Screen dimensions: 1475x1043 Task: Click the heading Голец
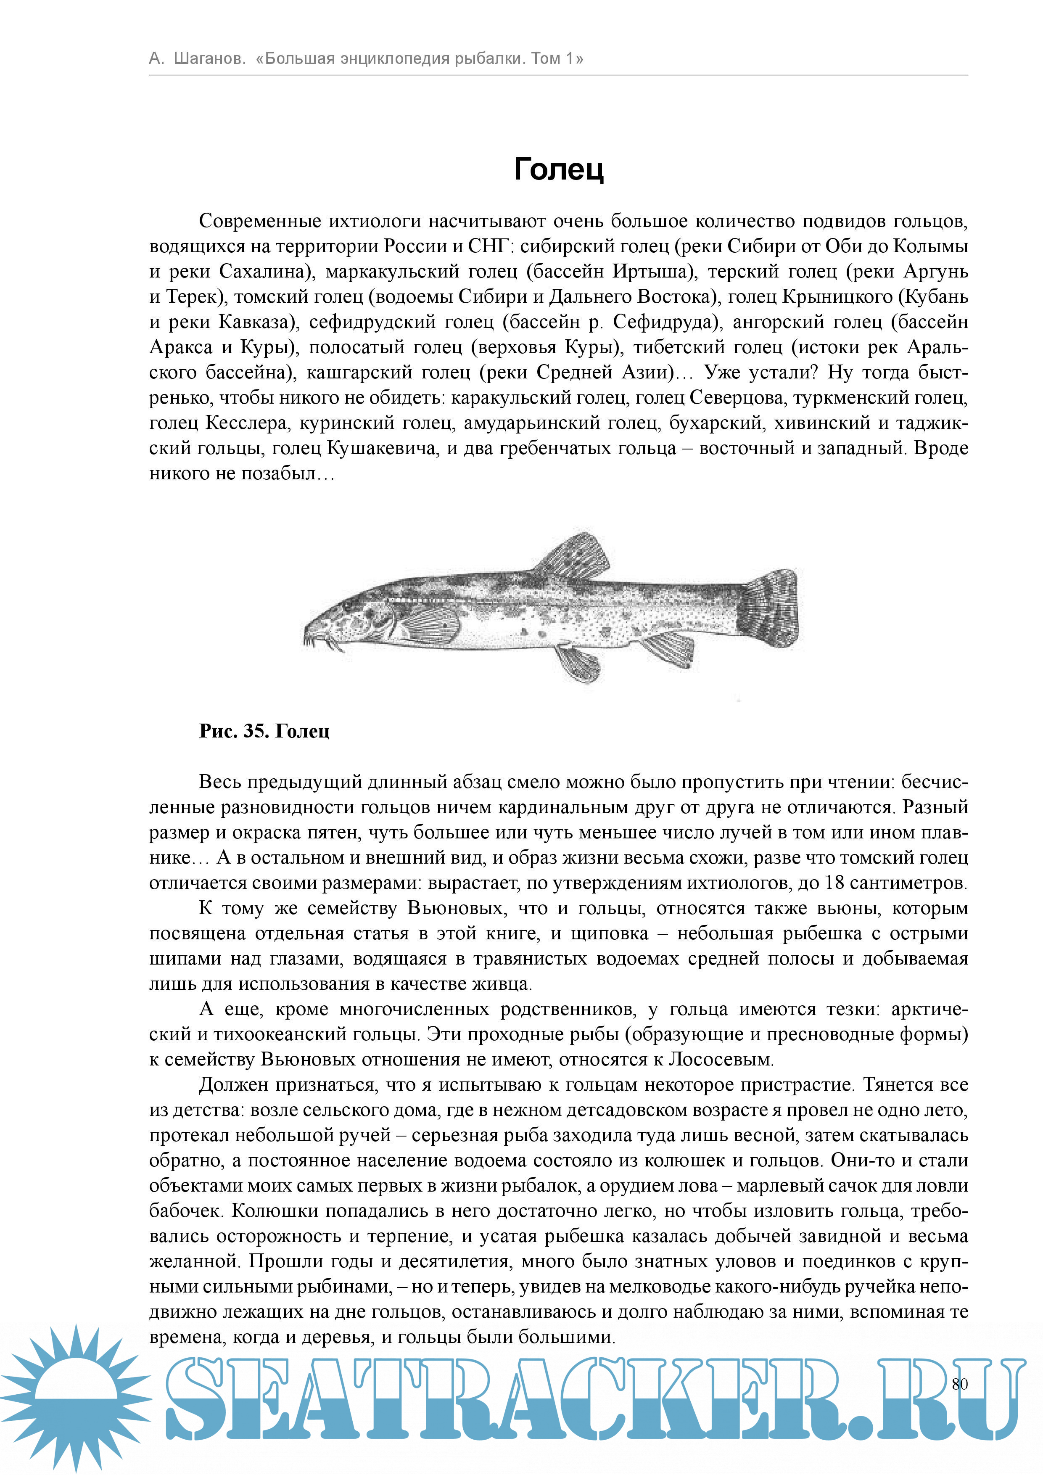559,169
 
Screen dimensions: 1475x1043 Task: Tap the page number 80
959,1384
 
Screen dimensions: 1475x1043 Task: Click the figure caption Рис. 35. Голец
264,731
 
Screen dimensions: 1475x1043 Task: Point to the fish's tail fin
770,607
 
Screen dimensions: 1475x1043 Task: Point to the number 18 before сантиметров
834,883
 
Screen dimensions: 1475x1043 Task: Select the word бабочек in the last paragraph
186,1211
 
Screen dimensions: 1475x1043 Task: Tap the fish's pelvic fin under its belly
578,663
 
